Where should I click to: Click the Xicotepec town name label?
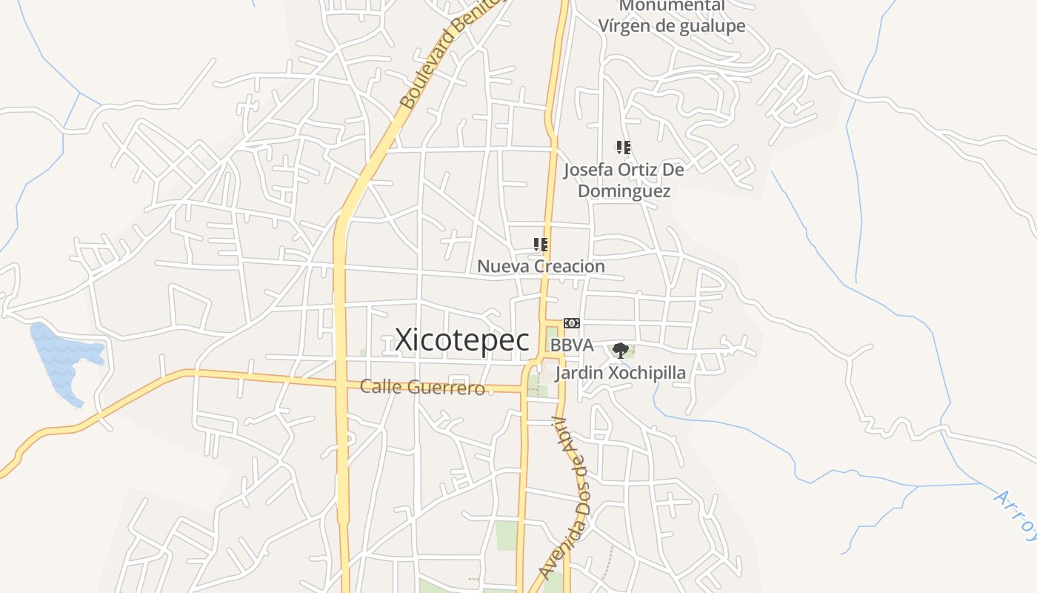(x=462, y=340)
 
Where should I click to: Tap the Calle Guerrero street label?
(x=422, y=387)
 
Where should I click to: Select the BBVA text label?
(x=572, y=345)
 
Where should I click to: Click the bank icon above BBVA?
(x=571, y=323)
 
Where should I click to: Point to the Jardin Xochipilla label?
(x=621, y=372)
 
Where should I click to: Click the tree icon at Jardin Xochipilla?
(x=621, y=350)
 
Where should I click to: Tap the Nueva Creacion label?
(x=541, y=266)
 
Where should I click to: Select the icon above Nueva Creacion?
(x=541, y=244)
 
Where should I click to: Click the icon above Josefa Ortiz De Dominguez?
(x=624, y=148)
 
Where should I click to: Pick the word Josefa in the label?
(x=588, y=170)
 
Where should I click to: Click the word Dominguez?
(x=624, y=191)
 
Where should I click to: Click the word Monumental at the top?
(x=672, y=6)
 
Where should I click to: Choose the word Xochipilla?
(x=647, y=372)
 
